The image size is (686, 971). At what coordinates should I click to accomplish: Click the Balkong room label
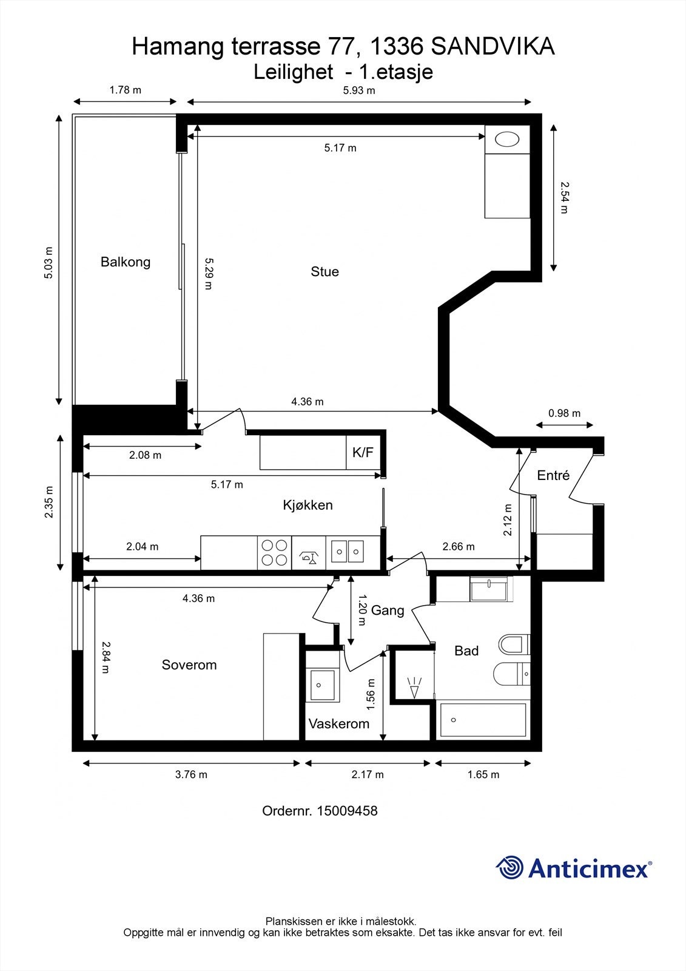(125, 262)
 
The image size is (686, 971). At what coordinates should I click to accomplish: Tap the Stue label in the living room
(325, 272)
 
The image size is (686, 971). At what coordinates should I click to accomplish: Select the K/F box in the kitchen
(363, 453)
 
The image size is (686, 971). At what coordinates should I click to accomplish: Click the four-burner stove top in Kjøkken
(275, 553)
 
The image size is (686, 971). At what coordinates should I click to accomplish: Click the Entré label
(553, 476)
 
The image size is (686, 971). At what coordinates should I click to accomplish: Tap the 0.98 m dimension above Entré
(564, 413)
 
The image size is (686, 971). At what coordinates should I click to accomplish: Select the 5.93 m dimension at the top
(359, 90)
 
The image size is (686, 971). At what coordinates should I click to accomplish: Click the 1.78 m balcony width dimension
(125, 90)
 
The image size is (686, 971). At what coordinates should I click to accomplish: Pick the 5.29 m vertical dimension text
(209, 274)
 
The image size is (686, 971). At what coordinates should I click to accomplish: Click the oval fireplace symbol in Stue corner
(507, 140)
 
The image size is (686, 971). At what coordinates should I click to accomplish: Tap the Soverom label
(189, 665)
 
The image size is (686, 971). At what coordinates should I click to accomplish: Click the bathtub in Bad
(483, 720)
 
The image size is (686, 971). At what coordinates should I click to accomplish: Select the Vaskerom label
(339, 723)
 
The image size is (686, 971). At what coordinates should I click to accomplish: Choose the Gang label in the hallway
(388, 611)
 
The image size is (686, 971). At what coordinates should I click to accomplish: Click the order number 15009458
(347, 811)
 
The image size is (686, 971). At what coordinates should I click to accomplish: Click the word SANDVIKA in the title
(493, 46)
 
